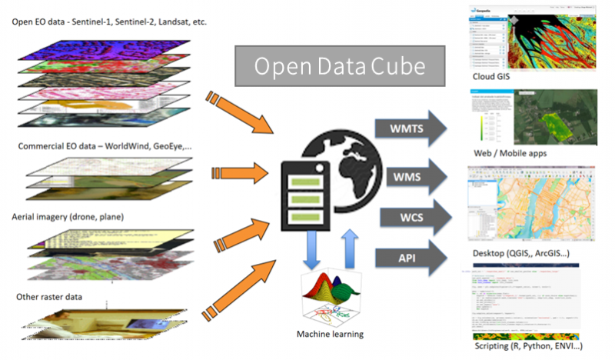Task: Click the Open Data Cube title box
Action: [340, 66]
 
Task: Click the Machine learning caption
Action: [330, 334]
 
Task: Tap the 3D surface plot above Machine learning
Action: [331, 293]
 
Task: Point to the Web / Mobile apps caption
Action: [511, 153]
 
